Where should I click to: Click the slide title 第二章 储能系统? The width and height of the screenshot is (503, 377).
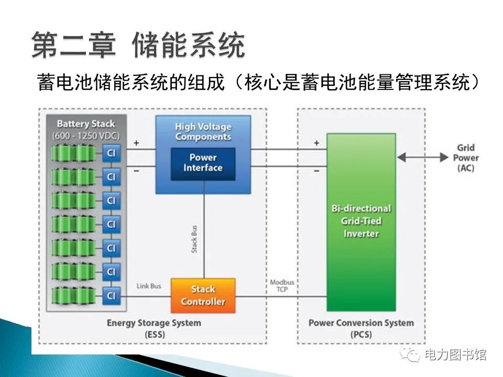[138, 45]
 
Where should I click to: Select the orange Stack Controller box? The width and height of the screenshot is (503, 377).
[203, 296]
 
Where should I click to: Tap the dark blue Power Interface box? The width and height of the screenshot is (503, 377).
[203, 163]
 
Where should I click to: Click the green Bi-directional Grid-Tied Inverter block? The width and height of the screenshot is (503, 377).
[361, 221]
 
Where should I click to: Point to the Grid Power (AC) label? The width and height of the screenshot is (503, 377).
[465, 158]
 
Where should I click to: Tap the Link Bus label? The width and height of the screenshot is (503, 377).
[149, 286]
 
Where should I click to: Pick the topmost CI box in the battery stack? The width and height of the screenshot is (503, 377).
[111, 153]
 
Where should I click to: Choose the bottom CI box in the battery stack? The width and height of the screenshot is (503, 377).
[111, 295]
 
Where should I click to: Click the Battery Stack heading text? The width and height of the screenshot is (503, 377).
[85, 124]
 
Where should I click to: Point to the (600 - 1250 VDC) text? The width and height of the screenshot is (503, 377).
[85, 136]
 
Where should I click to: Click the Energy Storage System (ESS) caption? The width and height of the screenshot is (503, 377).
[154, 327]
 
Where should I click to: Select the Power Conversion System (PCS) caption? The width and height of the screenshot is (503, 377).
[360, 327]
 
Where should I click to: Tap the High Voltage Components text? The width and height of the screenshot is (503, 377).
[203, 131]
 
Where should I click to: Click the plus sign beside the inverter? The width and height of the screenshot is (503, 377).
[316, 143]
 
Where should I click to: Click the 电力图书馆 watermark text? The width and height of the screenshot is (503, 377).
[455, 354]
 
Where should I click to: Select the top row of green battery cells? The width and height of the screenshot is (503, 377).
[74, 153]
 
